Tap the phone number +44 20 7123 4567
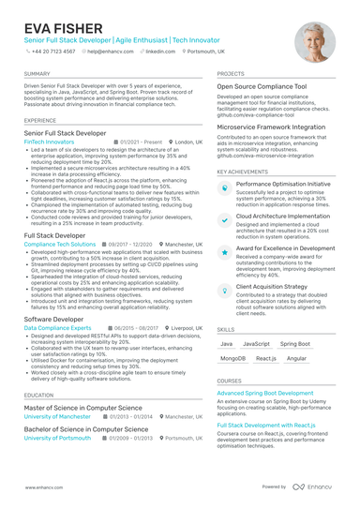52,52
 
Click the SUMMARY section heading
37,73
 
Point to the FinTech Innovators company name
51,142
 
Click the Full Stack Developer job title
60,235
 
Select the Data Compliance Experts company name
57,328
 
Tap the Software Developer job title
53,319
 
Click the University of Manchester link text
57,417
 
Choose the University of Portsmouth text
57,438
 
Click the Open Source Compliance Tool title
262,86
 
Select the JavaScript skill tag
256,344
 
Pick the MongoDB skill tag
232,358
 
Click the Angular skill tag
295,358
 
